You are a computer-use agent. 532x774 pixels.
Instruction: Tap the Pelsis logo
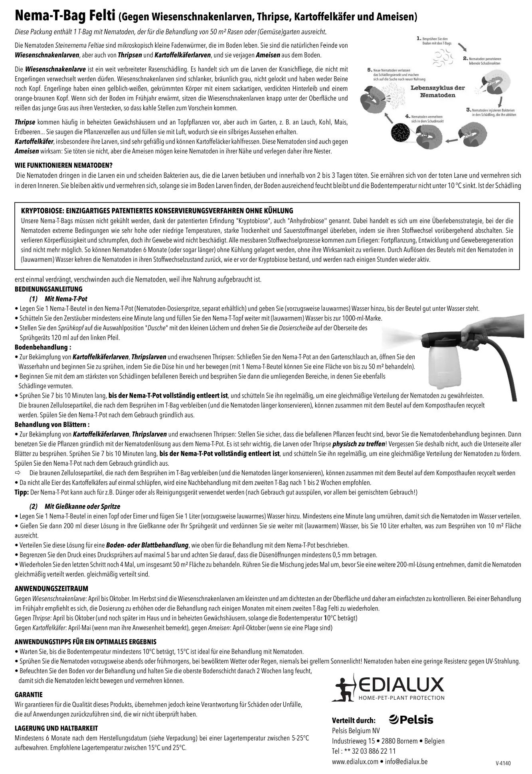tap(411, 720)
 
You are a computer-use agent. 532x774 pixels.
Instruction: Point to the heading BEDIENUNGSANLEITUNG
tap(48, 289)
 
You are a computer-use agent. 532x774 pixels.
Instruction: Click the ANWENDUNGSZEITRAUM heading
tap(51, 588)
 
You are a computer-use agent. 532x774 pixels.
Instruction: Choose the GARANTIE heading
tap(28, 695)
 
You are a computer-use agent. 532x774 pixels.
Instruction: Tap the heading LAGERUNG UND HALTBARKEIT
tap(56, 728)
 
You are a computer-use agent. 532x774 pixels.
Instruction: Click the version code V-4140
tap(502, 763)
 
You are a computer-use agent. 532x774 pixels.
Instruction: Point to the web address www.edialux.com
tap(355, 761)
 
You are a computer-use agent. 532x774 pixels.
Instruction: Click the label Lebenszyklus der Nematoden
tap(437, 91)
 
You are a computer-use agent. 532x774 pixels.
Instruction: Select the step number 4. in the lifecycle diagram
tap(407, 116)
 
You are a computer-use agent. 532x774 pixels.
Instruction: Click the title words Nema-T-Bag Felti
tap(65, 17)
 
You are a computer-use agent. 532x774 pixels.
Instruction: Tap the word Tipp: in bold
tap(22, 492)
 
